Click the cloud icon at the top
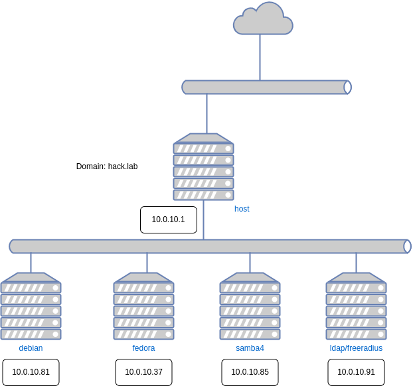point(262,19)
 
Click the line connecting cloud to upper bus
point(260,58)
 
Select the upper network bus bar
point(266,88)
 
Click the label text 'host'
point(242,209)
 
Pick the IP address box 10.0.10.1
point(169,220)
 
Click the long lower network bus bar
point(209,247)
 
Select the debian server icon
point(31,306)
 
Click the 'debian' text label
point(31,348)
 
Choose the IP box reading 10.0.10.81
point(31,372)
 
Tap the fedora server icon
point(143,306)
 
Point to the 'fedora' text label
point(143,348)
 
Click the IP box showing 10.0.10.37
point(143,372)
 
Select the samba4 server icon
point(250,306)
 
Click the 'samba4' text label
point(250,348)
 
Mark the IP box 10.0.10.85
point(250,372)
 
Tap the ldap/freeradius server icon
point(356,306)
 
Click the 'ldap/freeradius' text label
point(356,348)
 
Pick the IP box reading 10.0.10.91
point(356,372)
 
